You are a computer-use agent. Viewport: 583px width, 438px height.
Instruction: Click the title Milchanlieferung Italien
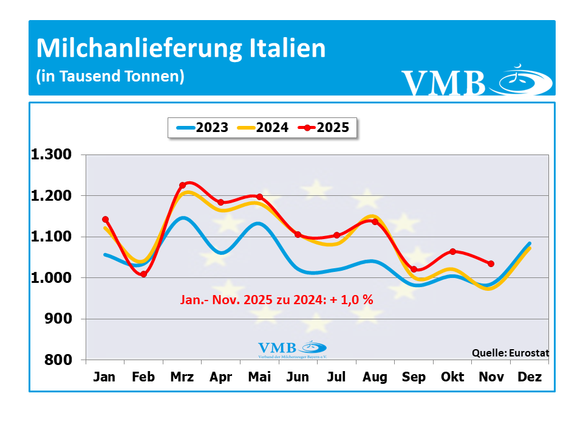[181, 49]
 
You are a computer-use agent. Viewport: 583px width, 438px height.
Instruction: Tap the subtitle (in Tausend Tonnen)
[110, 77]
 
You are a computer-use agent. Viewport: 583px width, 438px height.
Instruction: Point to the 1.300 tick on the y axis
[52, 155]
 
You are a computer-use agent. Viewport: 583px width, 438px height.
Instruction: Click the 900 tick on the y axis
[60, 319]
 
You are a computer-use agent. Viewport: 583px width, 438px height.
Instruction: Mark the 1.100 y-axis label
[52, 237]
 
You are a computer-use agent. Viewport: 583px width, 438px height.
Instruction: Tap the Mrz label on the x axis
[182, 377]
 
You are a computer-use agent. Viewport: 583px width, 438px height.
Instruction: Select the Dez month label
[530, 377]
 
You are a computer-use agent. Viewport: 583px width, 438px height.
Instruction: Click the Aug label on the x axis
[375, 377]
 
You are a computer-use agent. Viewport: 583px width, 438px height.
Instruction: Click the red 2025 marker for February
[143, 274]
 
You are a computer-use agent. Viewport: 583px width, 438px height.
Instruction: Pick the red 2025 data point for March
[182, 186]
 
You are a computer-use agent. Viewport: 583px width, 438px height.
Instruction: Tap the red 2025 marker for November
[491, 264]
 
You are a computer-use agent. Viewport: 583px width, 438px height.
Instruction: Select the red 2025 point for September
[414, 269]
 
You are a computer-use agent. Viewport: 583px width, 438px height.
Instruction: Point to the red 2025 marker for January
[105, 220]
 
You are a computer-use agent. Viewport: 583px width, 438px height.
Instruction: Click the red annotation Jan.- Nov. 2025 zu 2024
[276, 300]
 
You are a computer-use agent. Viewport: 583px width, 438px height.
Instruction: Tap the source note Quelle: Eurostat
[510, 352]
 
